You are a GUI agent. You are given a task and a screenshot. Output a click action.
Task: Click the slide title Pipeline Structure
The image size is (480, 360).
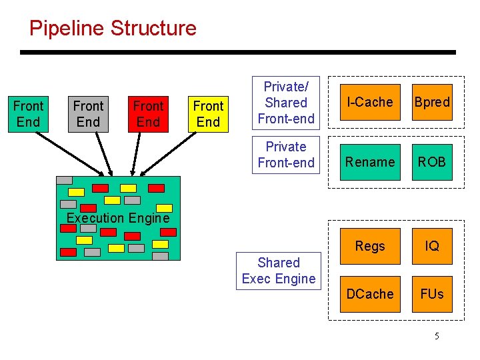click(x=113, y=29)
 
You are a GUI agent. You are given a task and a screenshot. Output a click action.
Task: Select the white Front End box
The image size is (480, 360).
click(x=28, y=114)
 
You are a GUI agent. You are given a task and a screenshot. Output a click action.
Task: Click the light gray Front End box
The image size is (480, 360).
click(x=88, y=114)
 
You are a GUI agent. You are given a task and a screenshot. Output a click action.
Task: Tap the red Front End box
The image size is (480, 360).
click(x=148, y=114)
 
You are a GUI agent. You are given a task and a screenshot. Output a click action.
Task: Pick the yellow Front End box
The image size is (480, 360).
click(x=208, y=114)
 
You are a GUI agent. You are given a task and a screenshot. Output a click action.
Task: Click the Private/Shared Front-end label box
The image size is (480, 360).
click(x=285, y=103)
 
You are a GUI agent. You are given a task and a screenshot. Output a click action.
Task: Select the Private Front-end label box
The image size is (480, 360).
click(x=285, y=155)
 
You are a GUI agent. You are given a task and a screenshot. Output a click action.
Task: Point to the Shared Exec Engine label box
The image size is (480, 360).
click(x=279, y=271)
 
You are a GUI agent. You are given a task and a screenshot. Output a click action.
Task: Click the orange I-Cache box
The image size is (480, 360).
click(x=370, y=102)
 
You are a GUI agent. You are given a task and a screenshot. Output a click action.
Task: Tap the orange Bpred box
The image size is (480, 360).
click(x=432, y=102)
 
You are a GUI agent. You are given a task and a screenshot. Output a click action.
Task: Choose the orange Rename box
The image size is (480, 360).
click(x=370, y=162)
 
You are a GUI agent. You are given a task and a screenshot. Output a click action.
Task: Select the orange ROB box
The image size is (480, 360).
click(x=432, y=162)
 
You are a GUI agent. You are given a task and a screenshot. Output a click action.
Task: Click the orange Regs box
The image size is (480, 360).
click(x=370, y=246)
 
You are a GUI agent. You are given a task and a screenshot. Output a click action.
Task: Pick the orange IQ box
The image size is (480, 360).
click(x=432, y=246)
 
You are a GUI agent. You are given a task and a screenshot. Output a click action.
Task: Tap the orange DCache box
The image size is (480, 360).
click(x=370, y=294)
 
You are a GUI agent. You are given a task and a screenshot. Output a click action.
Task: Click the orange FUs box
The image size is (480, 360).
click(x=432, y=294)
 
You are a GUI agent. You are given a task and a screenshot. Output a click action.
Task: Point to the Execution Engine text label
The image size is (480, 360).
click(x=118, y=218)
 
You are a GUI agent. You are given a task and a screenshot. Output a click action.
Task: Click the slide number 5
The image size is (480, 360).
click(x=437, y=336)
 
